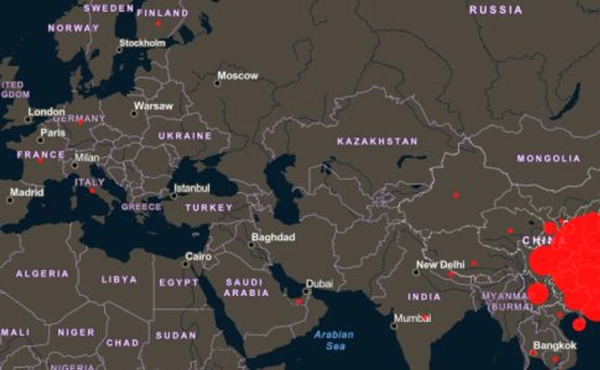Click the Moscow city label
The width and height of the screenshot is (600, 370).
(x=238, y=76)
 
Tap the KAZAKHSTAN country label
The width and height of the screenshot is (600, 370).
(x=377, y=141)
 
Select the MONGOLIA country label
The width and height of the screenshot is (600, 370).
(x=549, y=159)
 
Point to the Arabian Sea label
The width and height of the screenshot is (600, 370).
(x=334, y=340)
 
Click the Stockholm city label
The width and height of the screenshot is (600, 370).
(x=141, y=43)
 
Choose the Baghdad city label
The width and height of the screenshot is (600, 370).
(x=273, y=237)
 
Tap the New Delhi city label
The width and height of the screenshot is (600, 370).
(x=437, y=264)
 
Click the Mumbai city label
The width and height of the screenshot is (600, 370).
(x=413, y=318)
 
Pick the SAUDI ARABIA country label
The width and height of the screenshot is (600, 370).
(x=247, y=287)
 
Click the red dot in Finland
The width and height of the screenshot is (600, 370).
(x=158, y=23)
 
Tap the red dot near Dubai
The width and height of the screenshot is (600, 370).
(x=299, y=302)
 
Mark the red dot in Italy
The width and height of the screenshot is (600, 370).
(x=92, y=191)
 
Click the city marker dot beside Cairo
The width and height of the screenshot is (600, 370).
(x=186, y=263)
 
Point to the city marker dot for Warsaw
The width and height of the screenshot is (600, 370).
(x=133, y=113)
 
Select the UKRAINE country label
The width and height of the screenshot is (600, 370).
(x=185, y=136)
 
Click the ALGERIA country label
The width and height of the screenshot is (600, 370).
(x=42, y=273)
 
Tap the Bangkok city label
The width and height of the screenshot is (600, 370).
(x=555, y=345)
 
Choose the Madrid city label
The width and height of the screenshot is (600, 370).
(x=27, y=193)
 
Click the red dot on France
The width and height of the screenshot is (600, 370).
(x=39, y=160)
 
